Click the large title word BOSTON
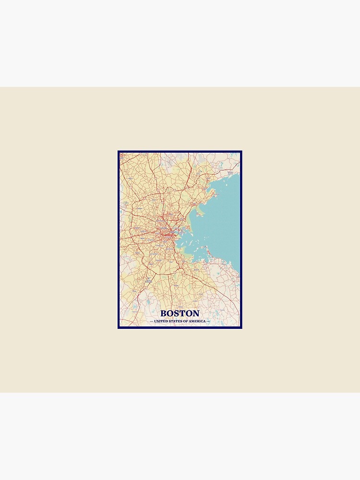pyautogui.click(x=180, y=313)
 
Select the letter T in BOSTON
pyautogui.click(x=183, y=313)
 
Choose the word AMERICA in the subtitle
pyautogui.click(x=196, y=321)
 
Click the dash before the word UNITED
pyautogui.click(x=152, y=321)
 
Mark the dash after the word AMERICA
pyautogui.click(x=208, y=321)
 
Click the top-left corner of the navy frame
pyautogui.click(x=119, y=152)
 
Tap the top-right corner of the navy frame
pyautogui.click(x=241, y=152)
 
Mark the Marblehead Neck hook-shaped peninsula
pyautogui.click(x=211, y=194)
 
